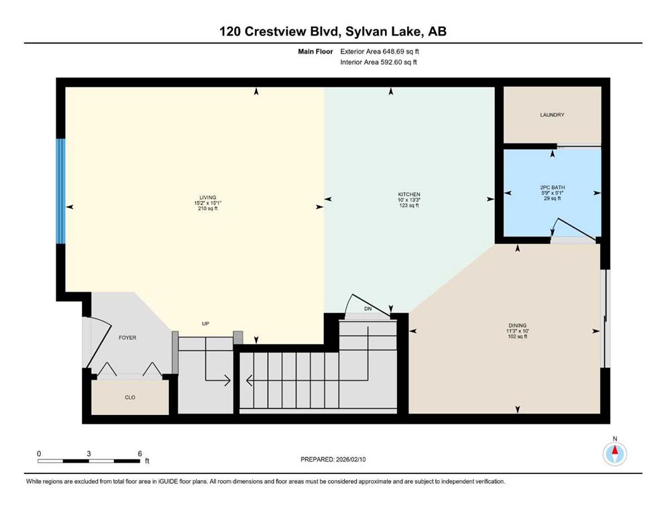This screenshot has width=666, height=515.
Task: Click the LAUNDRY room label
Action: (x=552, y=115)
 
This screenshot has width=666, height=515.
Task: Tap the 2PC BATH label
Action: (x=552, y=187)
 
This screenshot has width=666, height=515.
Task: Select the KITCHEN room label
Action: (x=408, y=194)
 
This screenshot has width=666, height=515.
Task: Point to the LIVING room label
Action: (x=208, y=197)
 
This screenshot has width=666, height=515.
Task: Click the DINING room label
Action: (x=517, y=326)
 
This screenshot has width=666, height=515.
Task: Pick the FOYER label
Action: (x=127, y=337)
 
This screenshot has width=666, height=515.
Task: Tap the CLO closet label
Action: (x=130, y=398)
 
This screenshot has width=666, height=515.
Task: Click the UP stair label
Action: (x=206, y=323)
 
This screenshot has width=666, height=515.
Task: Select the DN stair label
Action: (x=368, y=308)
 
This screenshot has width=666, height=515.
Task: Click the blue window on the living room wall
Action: (x=61, y=191)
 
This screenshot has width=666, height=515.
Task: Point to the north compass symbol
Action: (x=614, y=453)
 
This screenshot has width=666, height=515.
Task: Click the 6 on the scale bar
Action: (x=140, y=453)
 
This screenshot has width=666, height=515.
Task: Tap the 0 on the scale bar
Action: (x=39, y=453)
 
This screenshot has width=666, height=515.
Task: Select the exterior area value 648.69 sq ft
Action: (x=401, y=52)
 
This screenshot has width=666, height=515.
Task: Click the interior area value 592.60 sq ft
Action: (x=398, y=62)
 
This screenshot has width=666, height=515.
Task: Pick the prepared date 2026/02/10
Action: (x=351, y=459)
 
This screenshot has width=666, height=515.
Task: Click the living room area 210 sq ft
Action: (x=208, y=209)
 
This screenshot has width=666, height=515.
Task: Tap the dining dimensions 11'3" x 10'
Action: (x=517, y=331)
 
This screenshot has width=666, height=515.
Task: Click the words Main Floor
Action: (x=315, y=52)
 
